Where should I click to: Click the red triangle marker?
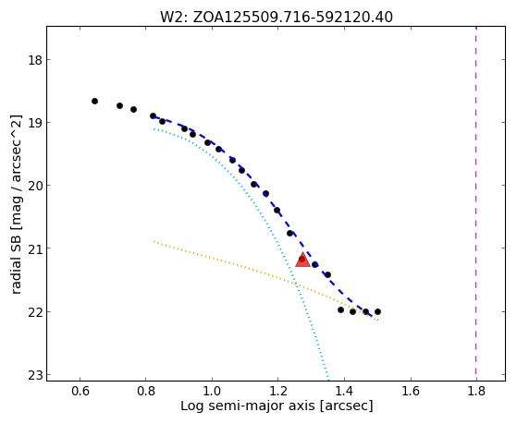point(302,260)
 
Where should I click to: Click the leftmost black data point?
point(94,101)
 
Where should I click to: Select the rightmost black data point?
point(378,311)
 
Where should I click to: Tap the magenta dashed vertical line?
point(475,203)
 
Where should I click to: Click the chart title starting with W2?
point(277,17)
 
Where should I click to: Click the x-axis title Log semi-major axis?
point(277,406)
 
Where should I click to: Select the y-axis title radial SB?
point(16,204)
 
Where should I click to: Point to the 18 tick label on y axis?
point(34,60)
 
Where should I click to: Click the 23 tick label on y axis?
point(34,375)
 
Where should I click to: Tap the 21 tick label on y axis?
point(34,248)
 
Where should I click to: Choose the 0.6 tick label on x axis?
point(80,391)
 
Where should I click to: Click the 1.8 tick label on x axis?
point(476,391)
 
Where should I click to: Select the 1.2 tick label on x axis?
point(278,391)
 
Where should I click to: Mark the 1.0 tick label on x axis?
point(212,391)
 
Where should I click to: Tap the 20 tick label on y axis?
point(34,186)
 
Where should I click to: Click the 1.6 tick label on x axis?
point(410,391)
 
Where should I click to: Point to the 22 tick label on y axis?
point(34,311)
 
